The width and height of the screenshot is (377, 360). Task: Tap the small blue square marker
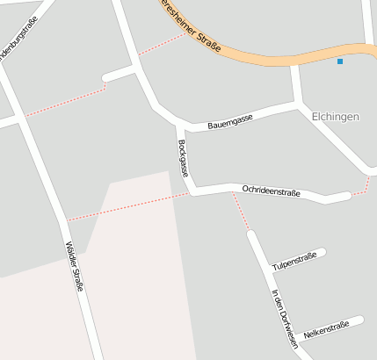click(x=340, y=61)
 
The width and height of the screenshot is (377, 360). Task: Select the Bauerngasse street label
click(x=230, y=122)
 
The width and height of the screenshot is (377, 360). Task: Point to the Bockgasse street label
click(x=183, y=158)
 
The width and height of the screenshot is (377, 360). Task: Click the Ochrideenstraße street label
click(x=272, y=191)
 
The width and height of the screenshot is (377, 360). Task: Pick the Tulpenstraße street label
click(x=294, y=261)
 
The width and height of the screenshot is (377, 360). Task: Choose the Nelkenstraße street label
click(x=325, y=331)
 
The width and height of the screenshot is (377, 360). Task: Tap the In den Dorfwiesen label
click(x=285, y=319)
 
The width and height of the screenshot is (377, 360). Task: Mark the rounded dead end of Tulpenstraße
click(x=322, y=253)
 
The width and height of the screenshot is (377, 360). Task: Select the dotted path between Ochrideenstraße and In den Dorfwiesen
click(x=241, y=212)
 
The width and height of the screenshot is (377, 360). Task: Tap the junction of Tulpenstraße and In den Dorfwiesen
click(x=268, y=270)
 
